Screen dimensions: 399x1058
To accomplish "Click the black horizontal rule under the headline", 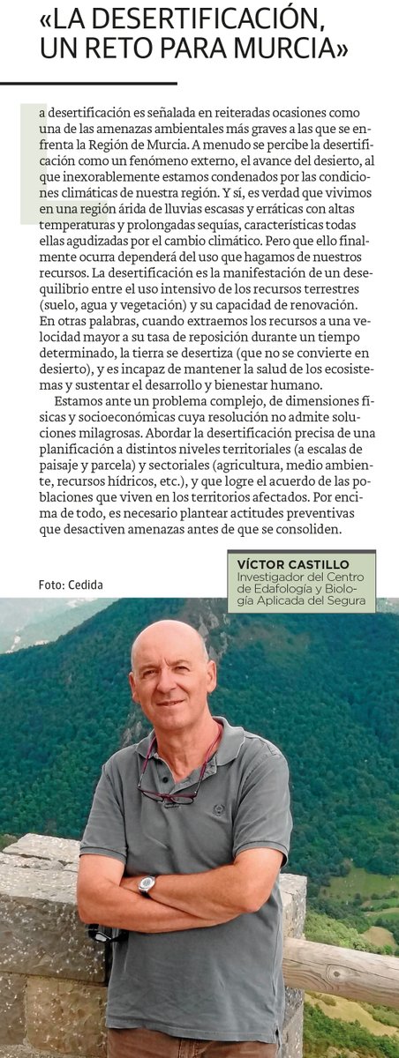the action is click(x=88, y=83).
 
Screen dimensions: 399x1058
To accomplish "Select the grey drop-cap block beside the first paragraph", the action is click(x=34, y=163).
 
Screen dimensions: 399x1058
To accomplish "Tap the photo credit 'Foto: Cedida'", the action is click(x=71, y=585).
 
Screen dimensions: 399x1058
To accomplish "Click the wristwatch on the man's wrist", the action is click(x=147, y=884).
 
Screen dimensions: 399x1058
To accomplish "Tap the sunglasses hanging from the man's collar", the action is click(x=169, y=793).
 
